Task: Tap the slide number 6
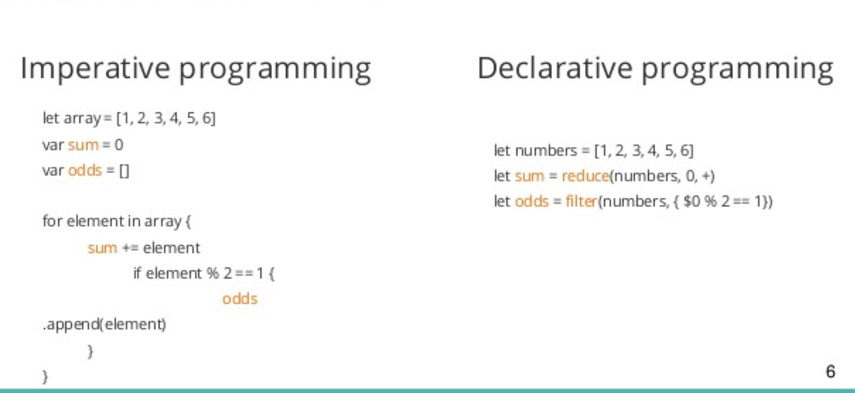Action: click(x=830, y=372)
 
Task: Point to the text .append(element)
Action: click(x=104, y=325)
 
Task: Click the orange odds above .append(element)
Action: click(x=240, y=299)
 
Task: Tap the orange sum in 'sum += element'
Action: click(x=102, y=248)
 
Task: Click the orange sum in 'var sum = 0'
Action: click(x=83, y=144)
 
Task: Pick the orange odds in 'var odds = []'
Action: click(x=85, y=170)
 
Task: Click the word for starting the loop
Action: click(x=51, y=221)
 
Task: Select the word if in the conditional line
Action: click(x=138, y=273)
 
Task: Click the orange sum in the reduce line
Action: click(x=530, y=176)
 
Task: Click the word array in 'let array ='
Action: click(x=81, y=119)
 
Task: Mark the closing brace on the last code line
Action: click(x=45, y=376)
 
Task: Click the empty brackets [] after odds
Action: click(x=124, y=170)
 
